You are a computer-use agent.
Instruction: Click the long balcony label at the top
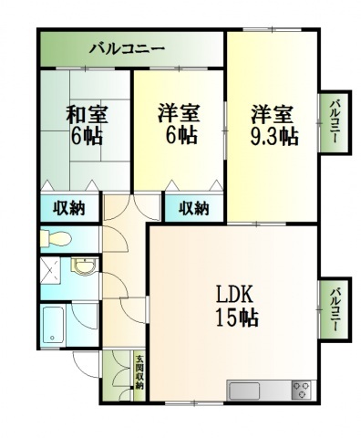[127, 49]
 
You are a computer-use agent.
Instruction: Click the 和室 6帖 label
[86, 125]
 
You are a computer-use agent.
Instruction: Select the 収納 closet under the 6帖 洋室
[192, 208]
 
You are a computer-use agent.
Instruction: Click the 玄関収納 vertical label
[139, 372]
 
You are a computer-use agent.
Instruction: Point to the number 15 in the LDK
[226, 318]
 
